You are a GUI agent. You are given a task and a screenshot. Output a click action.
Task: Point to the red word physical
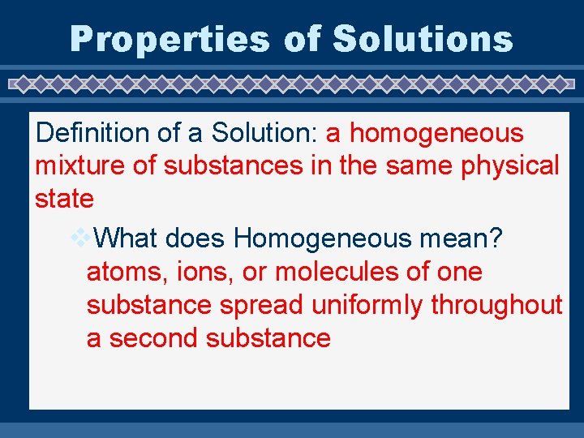[x=510, y=165]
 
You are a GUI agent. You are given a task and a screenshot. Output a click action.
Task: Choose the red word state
[x=64, y=198]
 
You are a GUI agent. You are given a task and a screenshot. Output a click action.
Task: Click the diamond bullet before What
[x=82, y=237]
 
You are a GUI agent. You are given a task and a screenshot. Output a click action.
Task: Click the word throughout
[x=496, y=305]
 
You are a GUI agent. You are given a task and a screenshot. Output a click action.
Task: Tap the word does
[x=196, y=238]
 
